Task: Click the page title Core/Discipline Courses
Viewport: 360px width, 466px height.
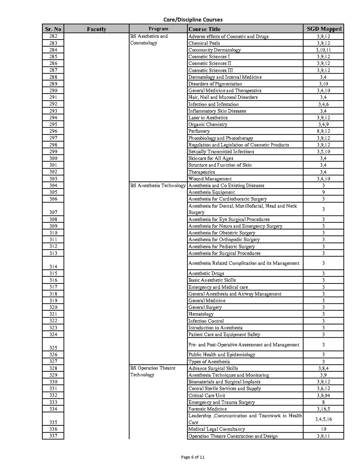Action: click(x=193, y=20)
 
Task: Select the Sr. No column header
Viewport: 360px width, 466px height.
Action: click(x=53, y=29)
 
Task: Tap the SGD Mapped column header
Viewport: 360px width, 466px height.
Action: click(x=324, y=29)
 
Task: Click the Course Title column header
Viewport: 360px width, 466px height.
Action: click(x=205, y=29)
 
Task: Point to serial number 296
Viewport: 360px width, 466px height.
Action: click(x=53, y=131)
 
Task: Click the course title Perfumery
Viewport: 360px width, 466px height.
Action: click(x=199, y=131)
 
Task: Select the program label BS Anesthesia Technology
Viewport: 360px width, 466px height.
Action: click(x=158, y=185)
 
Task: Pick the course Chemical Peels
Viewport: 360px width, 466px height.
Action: click(x=204, y=43)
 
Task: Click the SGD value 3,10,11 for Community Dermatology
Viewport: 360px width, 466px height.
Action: click(x=323, y=50)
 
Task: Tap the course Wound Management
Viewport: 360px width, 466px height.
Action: click(x=210, y=179)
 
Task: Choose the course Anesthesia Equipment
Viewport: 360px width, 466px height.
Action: click(x=212, y=192)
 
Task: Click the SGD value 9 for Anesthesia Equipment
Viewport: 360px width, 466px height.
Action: click(x=323, y=192)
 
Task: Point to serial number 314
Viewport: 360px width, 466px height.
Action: click(x=53, y=267)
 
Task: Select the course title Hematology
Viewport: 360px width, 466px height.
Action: click(x=201, y=314)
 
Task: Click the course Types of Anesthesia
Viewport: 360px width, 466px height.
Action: click(x=209, y=362)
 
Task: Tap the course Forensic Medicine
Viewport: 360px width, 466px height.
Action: click(x=207, y=409)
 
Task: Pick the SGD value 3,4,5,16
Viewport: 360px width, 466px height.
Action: click(x=323, y=419)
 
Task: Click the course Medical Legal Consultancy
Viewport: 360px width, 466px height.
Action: click(x=216, y=429)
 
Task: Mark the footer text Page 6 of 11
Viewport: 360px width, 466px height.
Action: click(x=193, y=457)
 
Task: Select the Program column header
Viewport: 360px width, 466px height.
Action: click(x=158, y=29)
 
